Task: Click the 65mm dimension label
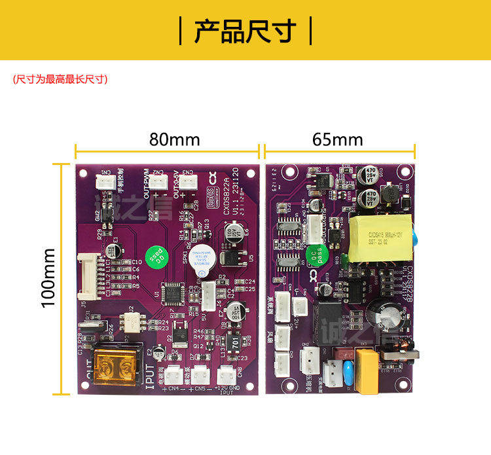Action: [337, 139]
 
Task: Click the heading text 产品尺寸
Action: [245, 30]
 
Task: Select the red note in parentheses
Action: [60, 79]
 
